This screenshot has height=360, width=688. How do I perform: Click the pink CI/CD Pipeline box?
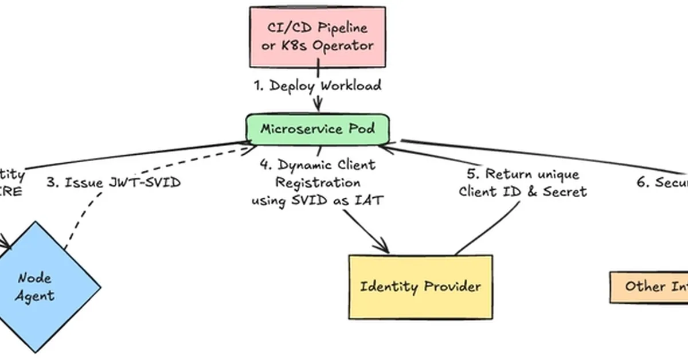[317, 37]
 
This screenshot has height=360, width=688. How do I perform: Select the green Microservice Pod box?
[318, 128]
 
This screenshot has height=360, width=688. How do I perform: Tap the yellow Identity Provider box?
[420, 287]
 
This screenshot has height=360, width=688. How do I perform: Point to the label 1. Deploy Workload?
[317, 86]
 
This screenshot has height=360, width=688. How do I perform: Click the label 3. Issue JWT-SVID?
[113, 183]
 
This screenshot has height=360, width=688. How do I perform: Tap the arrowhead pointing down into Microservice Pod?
[317, 107]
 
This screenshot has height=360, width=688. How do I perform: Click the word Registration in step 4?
[318, 183]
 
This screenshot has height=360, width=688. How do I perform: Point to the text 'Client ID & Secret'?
[522, 192]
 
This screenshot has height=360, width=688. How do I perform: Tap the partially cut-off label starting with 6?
[662, 182]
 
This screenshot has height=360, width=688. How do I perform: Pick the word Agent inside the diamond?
[36, 296]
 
